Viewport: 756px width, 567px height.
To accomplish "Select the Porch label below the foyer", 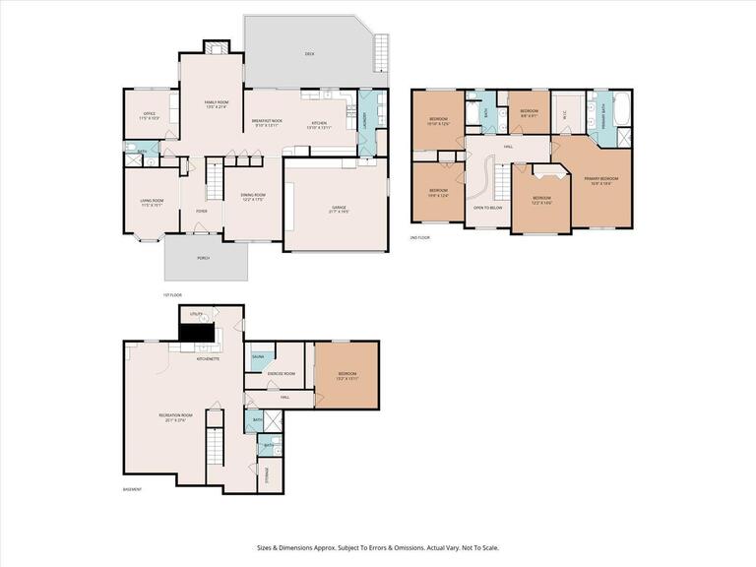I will pos(203,258).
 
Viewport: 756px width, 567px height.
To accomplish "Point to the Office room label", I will pos(150,116).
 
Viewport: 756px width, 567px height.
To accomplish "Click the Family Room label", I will pos(217,104).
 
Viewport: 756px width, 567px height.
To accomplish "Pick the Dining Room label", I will pos(253,196).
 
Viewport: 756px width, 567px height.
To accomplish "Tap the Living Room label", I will pos(151,203).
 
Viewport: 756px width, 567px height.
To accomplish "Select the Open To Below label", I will pos(489,208).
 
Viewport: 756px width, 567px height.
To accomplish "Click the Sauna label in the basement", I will pos(258,356).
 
